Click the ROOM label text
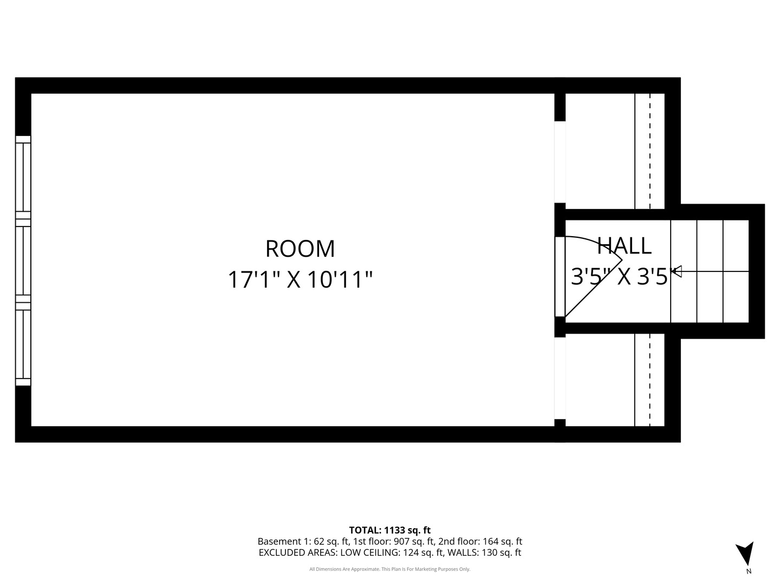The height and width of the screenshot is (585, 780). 300,249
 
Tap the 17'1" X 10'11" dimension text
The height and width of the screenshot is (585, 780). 300,279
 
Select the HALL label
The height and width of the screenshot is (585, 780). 624,245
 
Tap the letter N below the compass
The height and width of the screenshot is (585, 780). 749,571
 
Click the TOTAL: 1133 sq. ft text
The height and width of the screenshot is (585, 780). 390,530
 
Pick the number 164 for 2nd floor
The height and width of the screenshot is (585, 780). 490,541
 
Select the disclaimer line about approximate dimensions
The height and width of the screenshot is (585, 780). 390,569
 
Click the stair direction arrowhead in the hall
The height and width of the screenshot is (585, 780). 677,271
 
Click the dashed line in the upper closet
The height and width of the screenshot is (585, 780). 650,151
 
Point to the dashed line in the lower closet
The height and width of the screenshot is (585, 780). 650,380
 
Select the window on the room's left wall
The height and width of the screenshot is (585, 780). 23,261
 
